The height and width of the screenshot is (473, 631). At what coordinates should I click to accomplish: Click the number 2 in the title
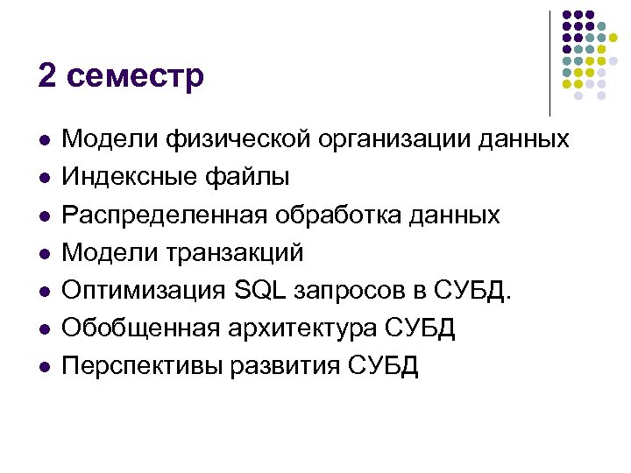[47, 75]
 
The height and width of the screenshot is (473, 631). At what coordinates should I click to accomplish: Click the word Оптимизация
[144, 290]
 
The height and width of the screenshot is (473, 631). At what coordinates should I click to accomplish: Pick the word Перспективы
[142, 366]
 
